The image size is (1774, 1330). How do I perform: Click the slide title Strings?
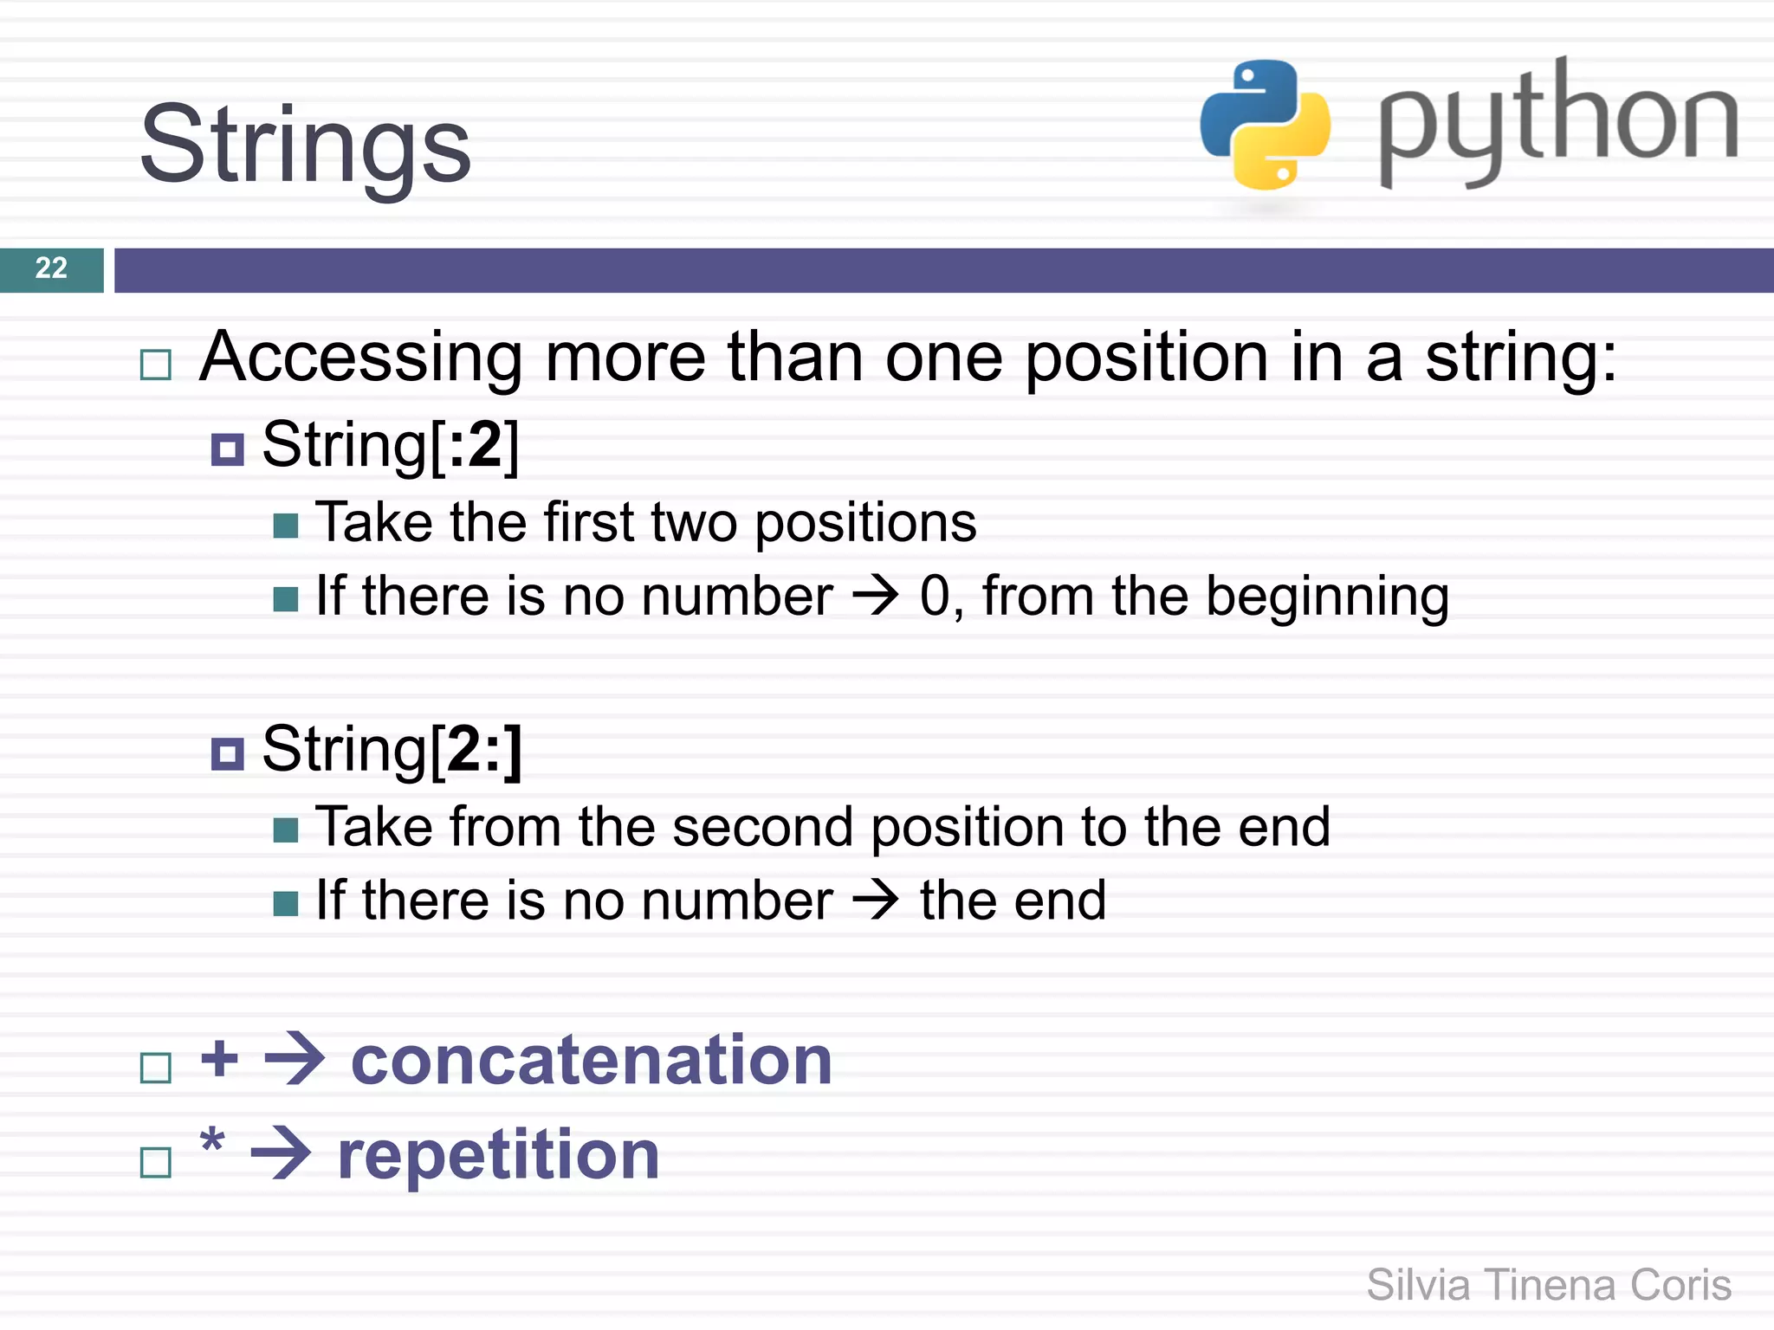pos(305,145)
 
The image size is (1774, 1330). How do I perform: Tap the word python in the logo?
pos(1557,121)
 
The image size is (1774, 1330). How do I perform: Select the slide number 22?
pos(51,268)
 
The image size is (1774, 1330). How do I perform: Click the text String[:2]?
pos(391,445)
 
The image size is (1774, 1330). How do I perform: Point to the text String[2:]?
pos(392,750)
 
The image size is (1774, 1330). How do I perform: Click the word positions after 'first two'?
pos(865,523)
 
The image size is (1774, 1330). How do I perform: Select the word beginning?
pos(1327,597)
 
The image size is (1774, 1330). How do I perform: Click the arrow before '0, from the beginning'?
pos(876,596)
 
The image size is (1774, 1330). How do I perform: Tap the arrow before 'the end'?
pos(876,901)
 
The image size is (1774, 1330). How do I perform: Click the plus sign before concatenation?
pos(219,1058)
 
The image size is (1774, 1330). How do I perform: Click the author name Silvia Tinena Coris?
pos(1549,1285)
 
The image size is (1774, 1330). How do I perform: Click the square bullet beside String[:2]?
pos(228,449)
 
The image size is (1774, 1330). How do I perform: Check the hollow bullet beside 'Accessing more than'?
pos(156,365)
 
